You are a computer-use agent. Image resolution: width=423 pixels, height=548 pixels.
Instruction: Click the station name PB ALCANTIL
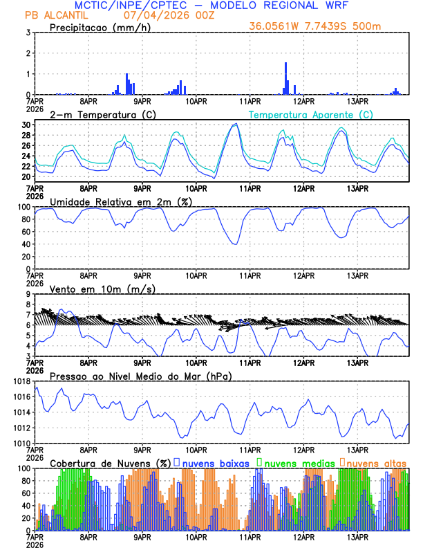53,15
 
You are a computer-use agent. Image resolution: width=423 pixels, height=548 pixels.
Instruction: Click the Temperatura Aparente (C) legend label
311,114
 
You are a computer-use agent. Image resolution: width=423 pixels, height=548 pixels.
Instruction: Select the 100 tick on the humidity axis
23,207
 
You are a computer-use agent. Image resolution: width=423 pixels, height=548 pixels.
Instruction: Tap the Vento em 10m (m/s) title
102,289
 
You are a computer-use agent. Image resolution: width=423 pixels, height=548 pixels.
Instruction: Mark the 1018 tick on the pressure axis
21,381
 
